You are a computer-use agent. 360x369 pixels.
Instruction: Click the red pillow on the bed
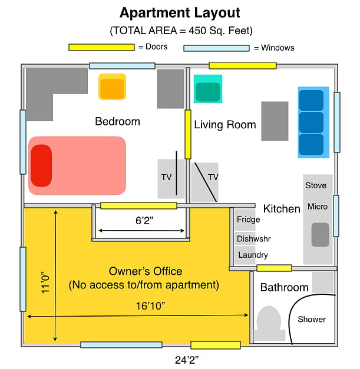pyautogui.click(x=41, y=165)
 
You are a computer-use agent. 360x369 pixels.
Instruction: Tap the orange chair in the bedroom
pyautogui.click(x=112, y=87)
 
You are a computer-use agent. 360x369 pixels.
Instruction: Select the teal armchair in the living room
pyautogui.click(x=208, y=89)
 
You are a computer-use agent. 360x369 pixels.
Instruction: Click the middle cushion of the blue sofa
pyautogui.click(x=311, y=122)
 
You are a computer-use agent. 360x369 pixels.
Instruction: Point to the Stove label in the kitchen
pyautogui.click(x=316, y=185)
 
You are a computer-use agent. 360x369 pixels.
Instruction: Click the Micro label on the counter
pyautogui.click(x=318, y=207)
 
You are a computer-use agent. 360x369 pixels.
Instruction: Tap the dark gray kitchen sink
pyautogui.click(x=320, y=235)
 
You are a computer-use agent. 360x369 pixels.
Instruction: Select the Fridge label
pyautogui.click(x=248, y=220)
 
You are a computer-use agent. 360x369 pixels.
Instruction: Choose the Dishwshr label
pyautogui.click(x=253, y=239)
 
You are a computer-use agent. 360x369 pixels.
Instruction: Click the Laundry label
pyautogui.click(x=253, y=255)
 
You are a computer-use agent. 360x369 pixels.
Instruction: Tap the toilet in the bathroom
pyautogui.click(x=269, y=323)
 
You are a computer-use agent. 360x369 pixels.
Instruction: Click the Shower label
pyautogui.click(x=312, y=319)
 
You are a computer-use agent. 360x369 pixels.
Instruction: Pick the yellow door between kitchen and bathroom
pyautogui.click(x=274, y=268)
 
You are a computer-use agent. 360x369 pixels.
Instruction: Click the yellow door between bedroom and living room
pyautogui.click(x=188, y=134)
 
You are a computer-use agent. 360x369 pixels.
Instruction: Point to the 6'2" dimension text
pyautogui.click(x=144, y=221)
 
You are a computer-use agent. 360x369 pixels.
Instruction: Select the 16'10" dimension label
pyautogui.click(x=151, y=306)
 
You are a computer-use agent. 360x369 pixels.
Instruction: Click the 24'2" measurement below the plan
pyautogui.click(x=187, y=360)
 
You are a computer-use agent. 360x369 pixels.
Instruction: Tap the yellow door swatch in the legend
pyautogui.click(x=101, y=47)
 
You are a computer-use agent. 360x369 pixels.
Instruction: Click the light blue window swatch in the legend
pyautogui.click(x=216, y=48)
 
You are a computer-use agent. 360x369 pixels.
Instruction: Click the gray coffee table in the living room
pyautogui.click(x=275, y=121)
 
